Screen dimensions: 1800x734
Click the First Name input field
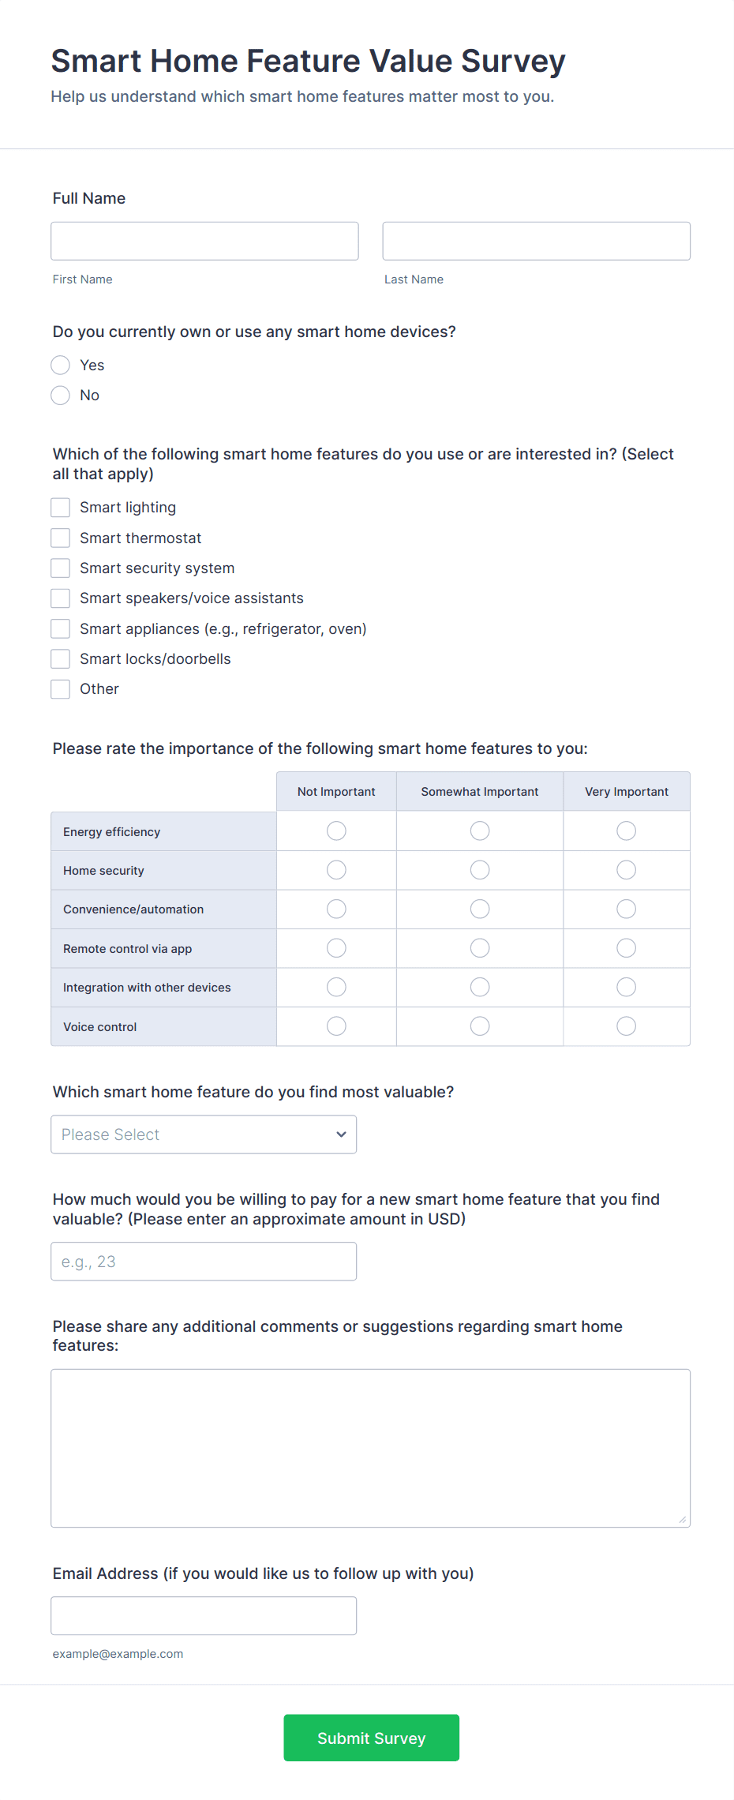click(204, 241)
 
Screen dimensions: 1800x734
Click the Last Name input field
click(536, 241)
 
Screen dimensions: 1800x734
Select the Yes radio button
click(61, 365)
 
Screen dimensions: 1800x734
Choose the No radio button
click(61, 395)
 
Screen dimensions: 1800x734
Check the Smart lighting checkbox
click(61, 507)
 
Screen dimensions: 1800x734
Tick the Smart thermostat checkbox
click(61, 538)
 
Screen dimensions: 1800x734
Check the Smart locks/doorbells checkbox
click(61, 658)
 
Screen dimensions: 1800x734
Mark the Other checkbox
click(61, 688)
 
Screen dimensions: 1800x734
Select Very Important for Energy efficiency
click(626, 831)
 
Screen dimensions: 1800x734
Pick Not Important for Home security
click(336, 870)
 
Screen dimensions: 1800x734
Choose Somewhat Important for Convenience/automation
click(480, 909)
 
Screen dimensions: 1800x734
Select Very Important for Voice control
click(626, 1026)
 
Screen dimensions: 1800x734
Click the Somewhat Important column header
click(480, 791)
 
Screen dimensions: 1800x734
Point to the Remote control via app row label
click(128, 948)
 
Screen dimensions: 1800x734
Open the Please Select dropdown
click(204, 1134)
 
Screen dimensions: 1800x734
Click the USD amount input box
click(204, 1262)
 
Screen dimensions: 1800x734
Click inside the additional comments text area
click(370, 1448)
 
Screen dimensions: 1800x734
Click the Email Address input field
click(204, 1615)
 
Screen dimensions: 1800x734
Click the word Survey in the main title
click(513, 62)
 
